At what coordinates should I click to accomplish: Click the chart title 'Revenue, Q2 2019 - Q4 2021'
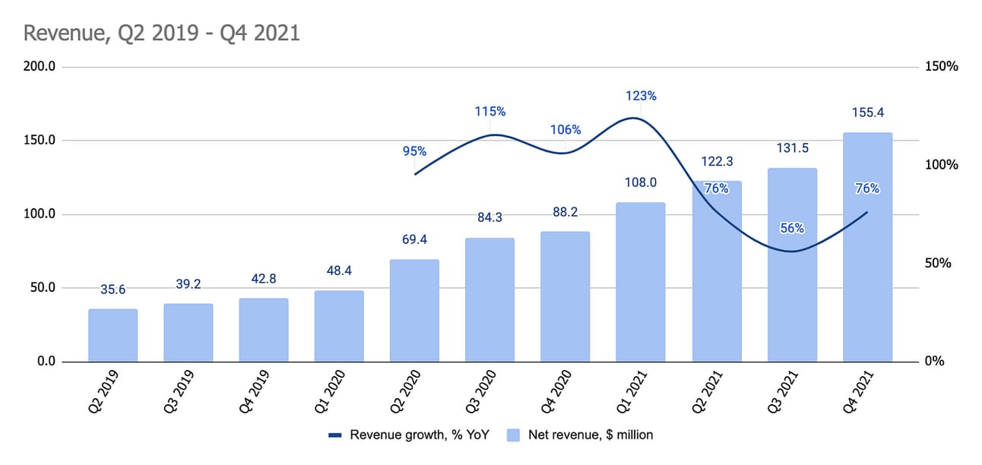tap(161, 33)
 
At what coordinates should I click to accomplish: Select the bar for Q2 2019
tap(112, 335)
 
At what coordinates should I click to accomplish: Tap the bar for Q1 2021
tap(641, 282)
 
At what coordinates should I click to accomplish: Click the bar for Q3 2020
tap(489, 299)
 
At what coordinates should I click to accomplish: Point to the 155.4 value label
tap(867, 112)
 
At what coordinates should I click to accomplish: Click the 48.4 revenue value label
tap(339, 270)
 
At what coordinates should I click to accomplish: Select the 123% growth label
tap(641, 96)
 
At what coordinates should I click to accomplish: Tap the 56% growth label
tap(792, 227)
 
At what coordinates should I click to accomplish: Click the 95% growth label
tap(414, 151)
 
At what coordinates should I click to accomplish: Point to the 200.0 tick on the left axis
tap(40, 67)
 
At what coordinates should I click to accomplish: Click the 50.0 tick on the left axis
tap(40, 288)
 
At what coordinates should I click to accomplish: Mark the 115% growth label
tap(489, 112)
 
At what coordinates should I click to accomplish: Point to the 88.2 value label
tap(565, 212)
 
